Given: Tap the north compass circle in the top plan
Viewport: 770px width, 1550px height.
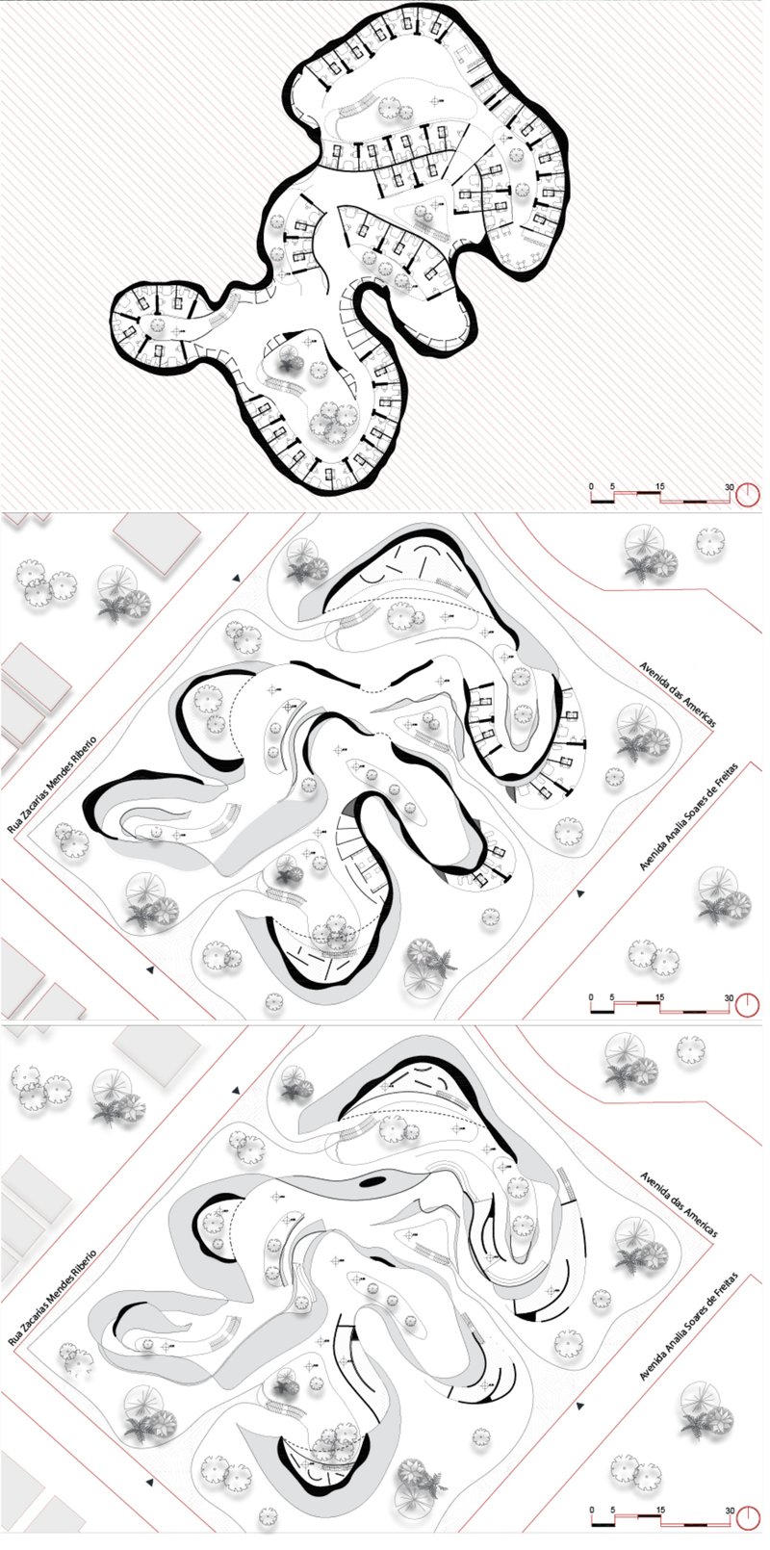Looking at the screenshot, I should click(x=748, y=496).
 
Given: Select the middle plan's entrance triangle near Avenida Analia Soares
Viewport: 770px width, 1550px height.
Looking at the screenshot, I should click(x=579, y=893).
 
